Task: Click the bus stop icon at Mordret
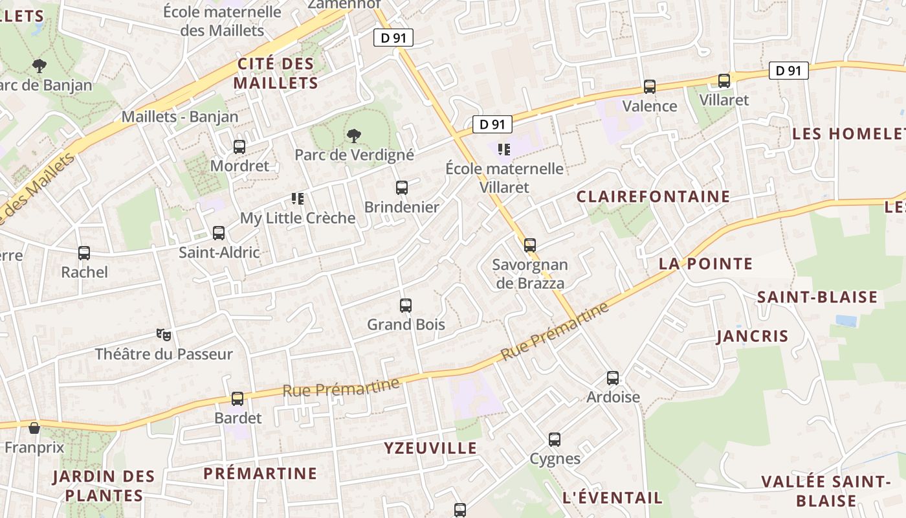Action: [x=239, y=147]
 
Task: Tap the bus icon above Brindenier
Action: [x=402, y=188]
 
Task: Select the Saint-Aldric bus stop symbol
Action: [x=219, y=233]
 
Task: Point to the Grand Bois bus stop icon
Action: [x=406, y=305]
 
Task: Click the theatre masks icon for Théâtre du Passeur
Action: [x=164, y=335]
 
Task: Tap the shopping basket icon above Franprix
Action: [x=34, y=428]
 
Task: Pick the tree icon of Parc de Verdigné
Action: [x=353, y=136]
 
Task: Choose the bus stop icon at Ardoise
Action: [x=613, y=378]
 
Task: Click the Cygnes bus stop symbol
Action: [x=555, y=440]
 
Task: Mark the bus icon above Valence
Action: [x=650, y=87]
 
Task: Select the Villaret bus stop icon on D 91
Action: [x=724, y=81]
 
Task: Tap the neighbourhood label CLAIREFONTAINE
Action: [x=653, y=196]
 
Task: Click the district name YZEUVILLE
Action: [x=430, y=448]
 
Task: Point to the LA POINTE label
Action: [x=705, y=264]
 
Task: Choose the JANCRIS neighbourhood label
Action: [x=752, y=336]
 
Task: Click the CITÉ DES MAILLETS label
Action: [x=276, y=73]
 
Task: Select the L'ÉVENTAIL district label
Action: [x=612, y=497]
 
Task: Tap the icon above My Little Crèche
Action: [x=298, y=199]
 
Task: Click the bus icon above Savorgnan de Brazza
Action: [x=530, y=245]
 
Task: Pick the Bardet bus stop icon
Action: [x=238, y=399]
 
